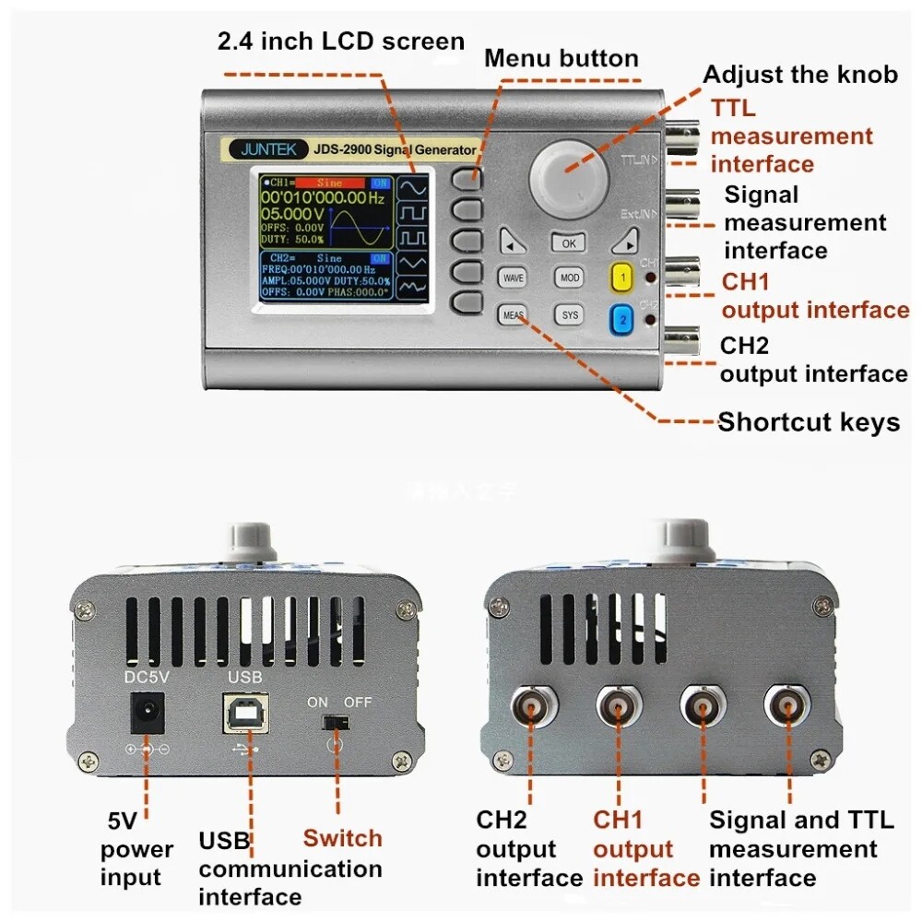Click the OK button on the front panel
pyautogui.click(x=568, y=243)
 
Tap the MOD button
pyautogui.click(x=569, y=278)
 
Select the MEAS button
pyautogui.click(x=513, y=314)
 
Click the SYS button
pyautogui.click(x=570, y=315)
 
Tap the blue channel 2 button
pyautogui.click(x=622, y=319)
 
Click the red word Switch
pyautogui.click(x=342, y=838)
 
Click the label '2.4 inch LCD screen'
pyautogui.click(x=340, y=41)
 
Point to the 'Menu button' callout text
pyautogui.click(x=561, y=58)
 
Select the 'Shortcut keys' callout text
pyautogui.click(x=809, y=422)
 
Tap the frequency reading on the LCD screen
pyautogui.click(x=323, y=198)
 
